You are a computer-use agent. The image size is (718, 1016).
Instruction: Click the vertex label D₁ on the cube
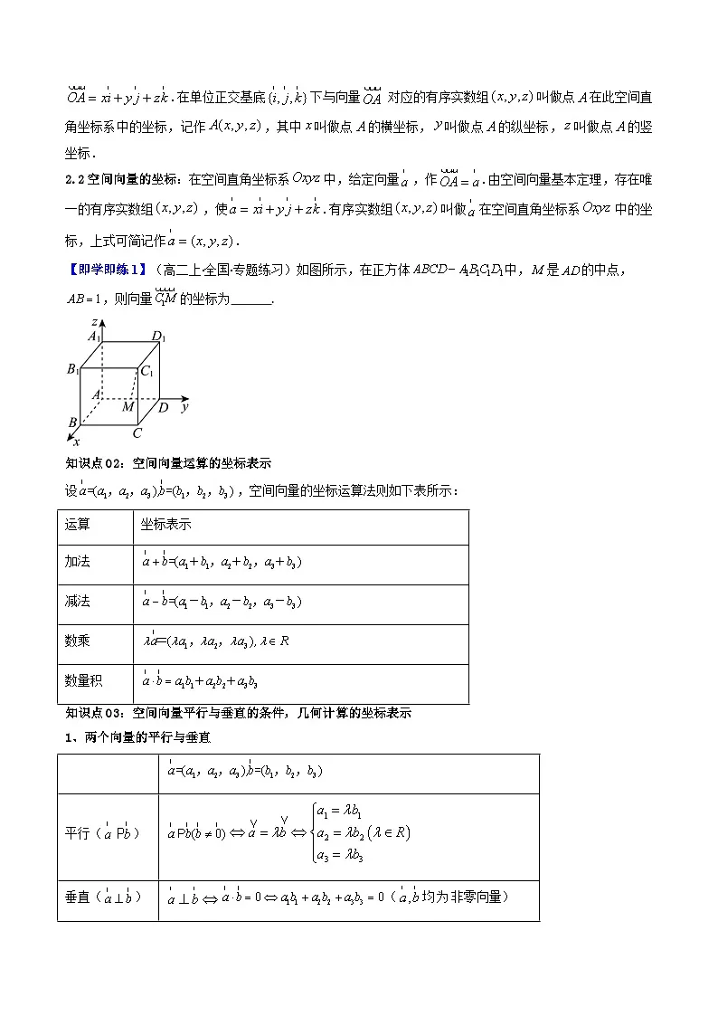[157, 337]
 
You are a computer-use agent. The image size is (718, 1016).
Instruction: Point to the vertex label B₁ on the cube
[72, 368]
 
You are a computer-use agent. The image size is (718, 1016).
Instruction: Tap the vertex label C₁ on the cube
[146, 371]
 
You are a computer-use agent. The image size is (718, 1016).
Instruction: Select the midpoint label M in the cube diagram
[128, 407]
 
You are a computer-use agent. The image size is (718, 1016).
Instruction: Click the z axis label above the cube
[94, 321]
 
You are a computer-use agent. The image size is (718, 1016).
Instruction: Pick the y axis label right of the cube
[184, 408]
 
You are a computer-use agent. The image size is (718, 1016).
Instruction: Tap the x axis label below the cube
[76, 442]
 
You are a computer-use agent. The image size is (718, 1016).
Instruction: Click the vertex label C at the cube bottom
[137, 433]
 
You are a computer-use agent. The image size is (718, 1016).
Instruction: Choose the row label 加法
[77, 562]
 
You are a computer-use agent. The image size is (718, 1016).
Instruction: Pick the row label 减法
[77, 602]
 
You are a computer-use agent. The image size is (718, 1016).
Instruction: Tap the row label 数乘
[77, 641]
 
